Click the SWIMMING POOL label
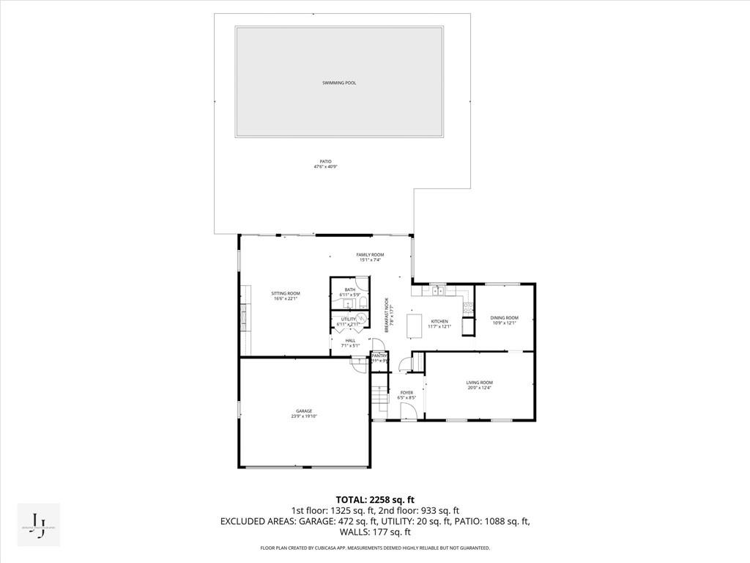pos(339,83)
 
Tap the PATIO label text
pos(325,161)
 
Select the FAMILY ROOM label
pos(370,254)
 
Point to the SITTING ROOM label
pos(287,293)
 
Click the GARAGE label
pos(304,411)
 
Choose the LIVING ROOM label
pos(480,383)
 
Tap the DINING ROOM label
pos(504,317)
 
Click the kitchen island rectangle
pos(414,325)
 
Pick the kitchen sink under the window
pos(437,291)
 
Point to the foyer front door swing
pos(409,412)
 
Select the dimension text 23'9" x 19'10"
pos(304,416)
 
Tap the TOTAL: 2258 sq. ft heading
pos(375,499)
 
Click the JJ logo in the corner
pos(39,525)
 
